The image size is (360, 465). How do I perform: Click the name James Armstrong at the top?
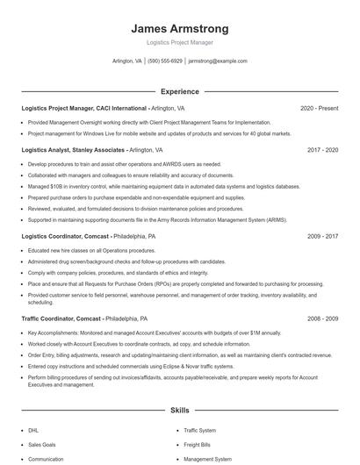(179, 28)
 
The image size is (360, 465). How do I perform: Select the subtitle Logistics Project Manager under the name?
(179, 42)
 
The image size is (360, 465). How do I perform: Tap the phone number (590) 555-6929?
(165, 61)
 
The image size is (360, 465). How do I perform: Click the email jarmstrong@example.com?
(218, 61)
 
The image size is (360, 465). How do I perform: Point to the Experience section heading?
(179, 91)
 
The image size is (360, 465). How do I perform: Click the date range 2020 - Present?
(319, 108)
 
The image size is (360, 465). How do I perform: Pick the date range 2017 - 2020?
(322, 150)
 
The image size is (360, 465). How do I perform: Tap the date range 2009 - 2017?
(322, 236)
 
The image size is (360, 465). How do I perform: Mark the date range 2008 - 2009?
(322, 318)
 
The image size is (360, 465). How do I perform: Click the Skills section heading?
(179, 411)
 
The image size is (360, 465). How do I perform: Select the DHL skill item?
(33, 431)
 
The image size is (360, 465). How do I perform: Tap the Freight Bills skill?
(198, 445)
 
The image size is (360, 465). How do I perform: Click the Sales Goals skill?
(41, 445)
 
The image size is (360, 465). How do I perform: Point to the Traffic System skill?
(199, 431)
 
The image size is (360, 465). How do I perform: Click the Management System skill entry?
(207, 459)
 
